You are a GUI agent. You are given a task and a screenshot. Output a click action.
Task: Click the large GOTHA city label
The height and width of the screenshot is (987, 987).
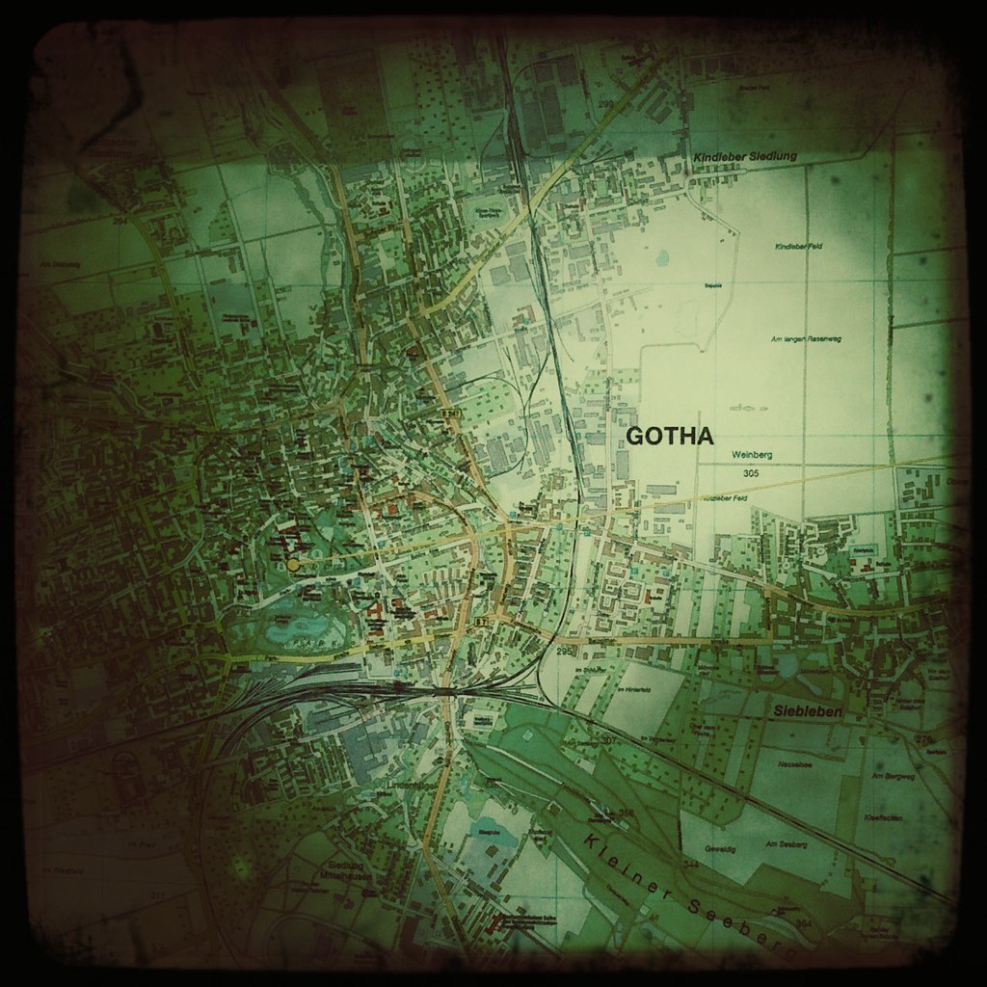670,437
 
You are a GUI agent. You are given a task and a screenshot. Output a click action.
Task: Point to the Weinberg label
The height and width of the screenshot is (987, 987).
753,455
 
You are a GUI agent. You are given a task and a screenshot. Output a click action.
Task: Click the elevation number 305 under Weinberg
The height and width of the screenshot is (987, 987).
752,473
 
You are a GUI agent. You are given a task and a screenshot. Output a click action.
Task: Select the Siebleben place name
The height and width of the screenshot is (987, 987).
808,711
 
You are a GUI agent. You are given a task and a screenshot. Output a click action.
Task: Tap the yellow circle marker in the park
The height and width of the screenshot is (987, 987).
292,564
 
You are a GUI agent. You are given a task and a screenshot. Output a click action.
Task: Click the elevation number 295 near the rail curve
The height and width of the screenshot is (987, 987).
565,653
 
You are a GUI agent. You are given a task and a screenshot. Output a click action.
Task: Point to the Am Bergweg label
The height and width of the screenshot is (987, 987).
887,776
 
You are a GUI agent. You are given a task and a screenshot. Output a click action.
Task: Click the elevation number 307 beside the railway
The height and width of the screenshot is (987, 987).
607,740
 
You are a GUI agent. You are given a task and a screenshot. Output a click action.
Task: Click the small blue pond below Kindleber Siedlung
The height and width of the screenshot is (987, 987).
663,256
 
